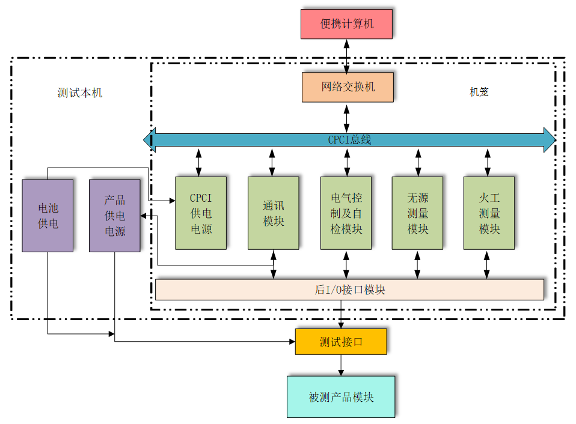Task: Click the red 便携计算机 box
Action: [x=346, y=24]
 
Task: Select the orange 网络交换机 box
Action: [x=348, y=87]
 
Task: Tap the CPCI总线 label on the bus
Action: [x=349, y=139]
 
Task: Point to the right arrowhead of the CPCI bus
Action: [x=549, y=139]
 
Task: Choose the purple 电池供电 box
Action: [x=47, y=215]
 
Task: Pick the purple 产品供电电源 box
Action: [x=115, y=215]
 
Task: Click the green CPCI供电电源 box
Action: [x=201, y=213]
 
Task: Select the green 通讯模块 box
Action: [x=273, y=213]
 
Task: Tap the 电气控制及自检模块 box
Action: [x=346, y=213]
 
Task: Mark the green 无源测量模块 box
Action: [x=417, y=213]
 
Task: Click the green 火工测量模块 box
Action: [x=489, y=213]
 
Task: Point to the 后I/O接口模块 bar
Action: [x=349, y=289]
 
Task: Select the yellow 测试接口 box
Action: [x=341, y=341]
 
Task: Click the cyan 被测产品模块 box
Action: [x=341, y=397]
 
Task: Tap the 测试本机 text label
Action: [x=80, y=92]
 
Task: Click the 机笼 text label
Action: [x=479, y=92]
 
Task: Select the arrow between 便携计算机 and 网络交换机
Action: [x=347, y=56]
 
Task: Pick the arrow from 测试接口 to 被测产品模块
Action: [x=341, y=365]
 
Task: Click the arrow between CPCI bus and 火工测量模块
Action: [x=488, y=163]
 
